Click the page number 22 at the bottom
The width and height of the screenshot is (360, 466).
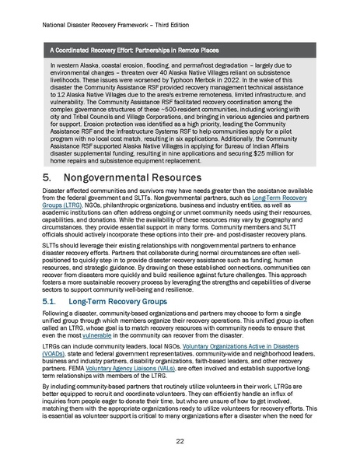180,440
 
